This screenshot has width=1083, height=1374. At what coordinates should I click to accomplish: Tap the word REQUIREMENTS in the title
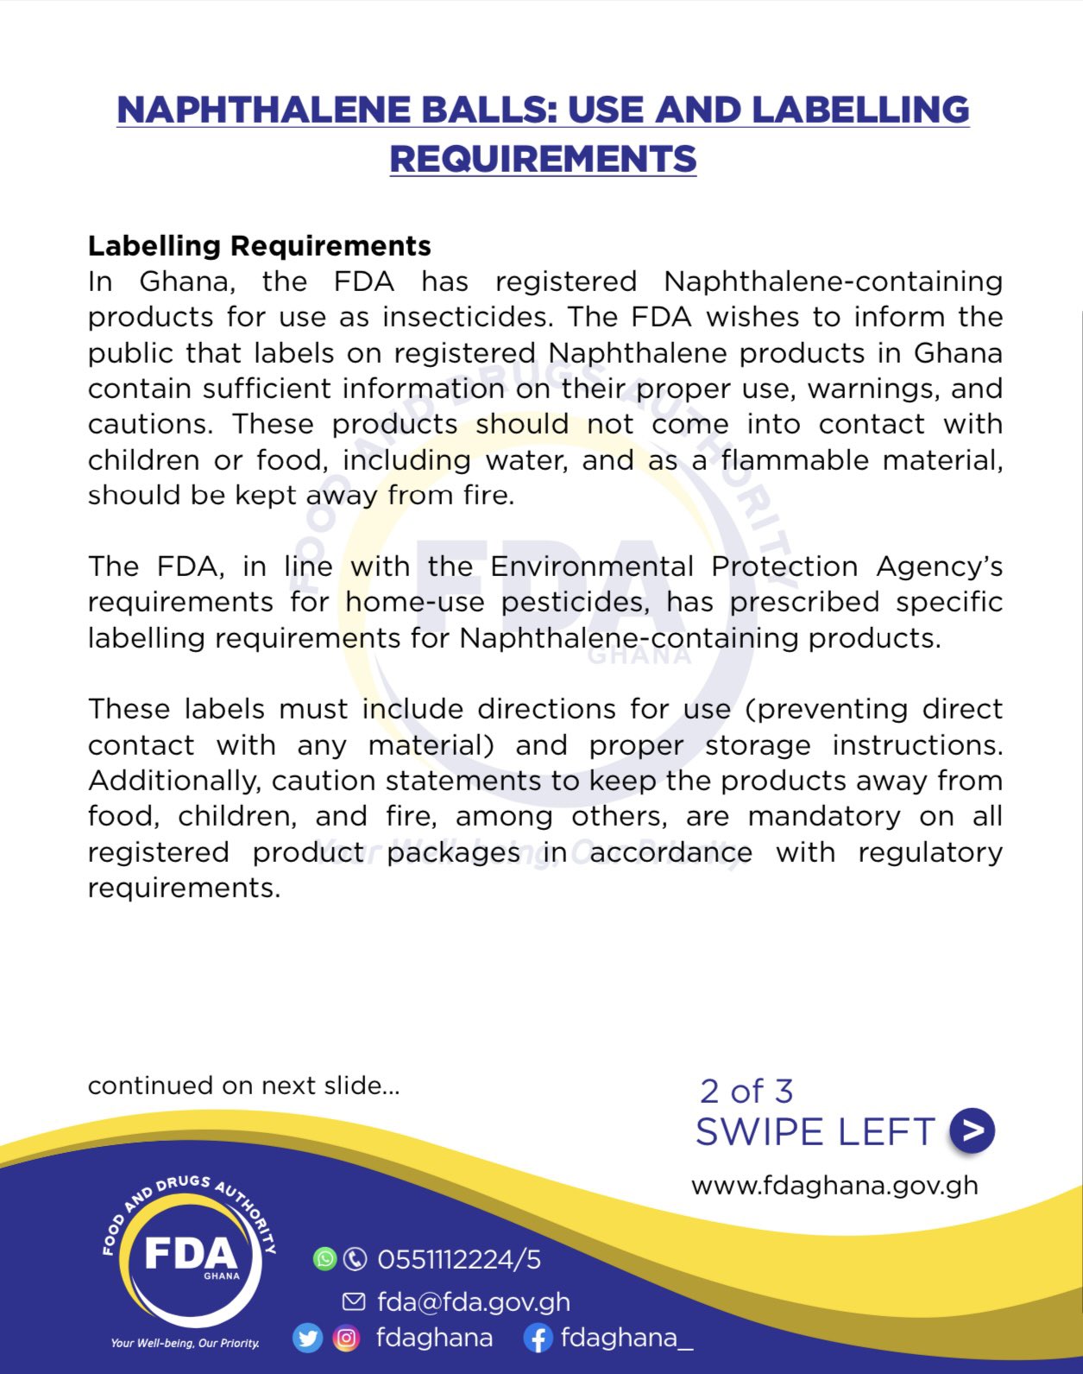pyautogui.click(x=543, y=160)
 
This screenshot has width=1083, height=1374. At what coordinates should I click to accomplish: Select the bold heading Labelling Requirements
pyautogui.click(x=259, y=246)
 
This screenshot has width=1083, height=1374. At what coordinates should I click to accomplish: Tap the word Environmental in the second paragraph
pyautogui.click(x=592, y=567)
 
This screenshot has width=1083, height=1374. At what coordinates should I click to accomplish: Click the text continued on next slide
pyautogui.click(x=243, y=1086)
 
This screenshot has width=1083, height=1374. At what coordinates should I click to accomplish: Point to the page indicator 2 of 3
pyautogui.click(x=746, y=1092)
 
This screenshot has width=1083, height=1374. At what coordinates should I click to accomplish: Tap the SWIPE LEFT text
pyautogui.click(x=815, y=1132)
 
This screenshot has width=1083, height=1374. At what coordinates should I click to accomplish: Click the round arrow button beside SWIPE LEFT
pyautogui.click(x=972, y=1131)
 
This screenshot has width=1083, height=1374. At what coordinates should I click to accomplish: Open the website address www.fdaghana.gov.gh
pyautogui.click(x=834, y=1185)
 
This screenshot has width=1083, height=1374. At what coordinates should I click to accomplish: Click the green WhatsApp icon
pyautogui.click(x=324, y=1259)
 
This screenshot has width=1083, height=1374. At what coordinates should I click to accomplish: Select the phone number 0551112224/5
pyautogui.click(x=459, y=1260)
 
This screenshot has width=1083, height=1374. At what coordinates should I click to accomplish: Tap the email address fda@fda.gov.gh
pyautogui.click(x=474, y=1301)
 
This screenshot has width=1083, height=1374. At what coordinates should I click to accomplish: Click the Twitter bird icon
pyautogui.click(x=307, y=1339)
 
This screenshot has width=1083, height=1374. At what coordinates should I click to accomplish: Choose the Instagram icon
pyautogui.click(x=346, y=1339)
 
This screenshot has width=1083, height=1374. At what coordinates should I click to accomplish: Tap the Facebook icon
pyautogui.click(x=538, y=1339)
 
